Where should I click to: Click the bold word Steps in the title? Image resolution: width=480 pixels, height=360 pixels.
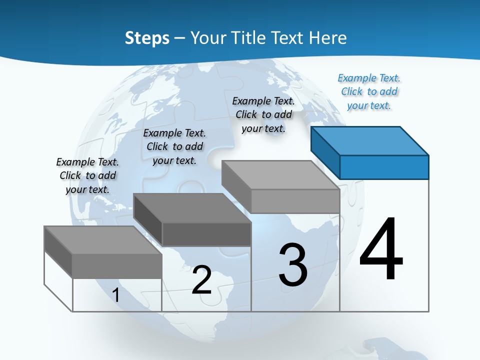point(147,38)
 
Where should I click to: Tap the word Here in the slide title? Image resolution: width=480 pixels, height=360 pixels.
point(328,38)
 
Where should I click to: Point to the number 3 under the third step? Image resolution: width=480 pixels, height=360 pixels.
point(293,265)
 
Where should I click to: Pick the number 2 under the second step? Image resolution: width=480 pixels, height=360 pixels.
point(202,280)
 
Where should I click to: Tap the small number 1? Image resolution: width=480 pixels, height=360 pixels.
point(116,295)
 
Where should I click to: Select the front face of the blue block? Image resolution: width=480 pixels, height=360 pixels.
point(384,167)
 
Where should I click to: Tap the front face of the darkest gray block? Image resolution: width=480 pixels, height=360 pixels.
point(206,234)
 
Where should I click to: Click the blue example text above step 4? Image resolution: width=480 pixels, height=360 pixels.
point(369,91)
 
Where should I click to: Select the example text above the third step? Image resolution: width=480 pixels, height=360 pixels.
point(263,114)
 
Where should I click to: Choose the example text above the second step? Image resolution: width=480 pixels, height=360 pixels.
point(174,146)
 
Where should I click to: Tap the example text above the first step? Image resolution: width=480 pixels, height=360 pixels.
point(87,175)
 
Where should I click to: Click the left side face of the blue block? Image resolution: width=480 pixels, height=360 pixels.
point(325,150)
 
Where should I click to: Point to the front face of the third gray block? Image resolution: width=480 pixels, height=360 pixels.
point(295,201)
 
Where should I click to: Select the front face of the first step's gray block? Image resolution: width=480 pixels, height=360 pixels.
point(117,265)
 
